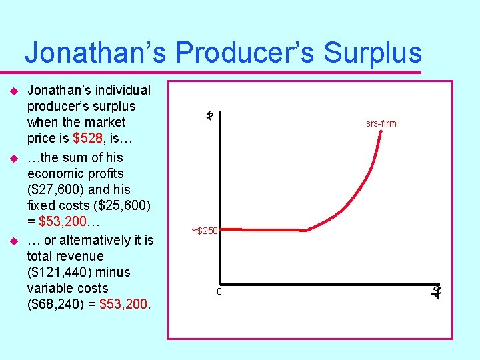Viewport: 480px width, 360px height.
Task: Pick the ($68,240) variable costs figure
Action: click(x=59, y=304)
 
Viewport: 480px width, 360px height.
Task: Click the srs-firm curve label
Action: click(x=381, y=123)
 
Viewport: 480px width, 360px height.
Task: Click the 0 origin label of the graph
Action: click(x=218, y=291)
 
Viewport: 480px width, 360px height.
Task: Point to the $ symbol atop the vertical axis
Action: click(x=209, y=115)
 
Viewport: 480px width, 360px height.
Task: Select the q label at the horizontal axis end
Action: click(x=437, y=291)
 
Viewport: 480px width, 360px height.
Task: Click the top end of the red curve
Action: click(x=381, y=131)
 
